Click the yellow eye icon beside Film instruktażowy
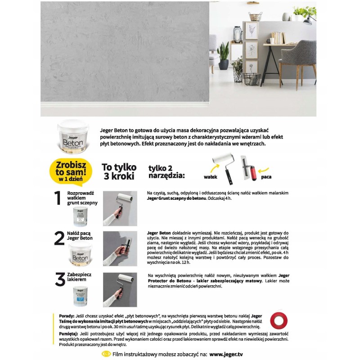107,354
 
